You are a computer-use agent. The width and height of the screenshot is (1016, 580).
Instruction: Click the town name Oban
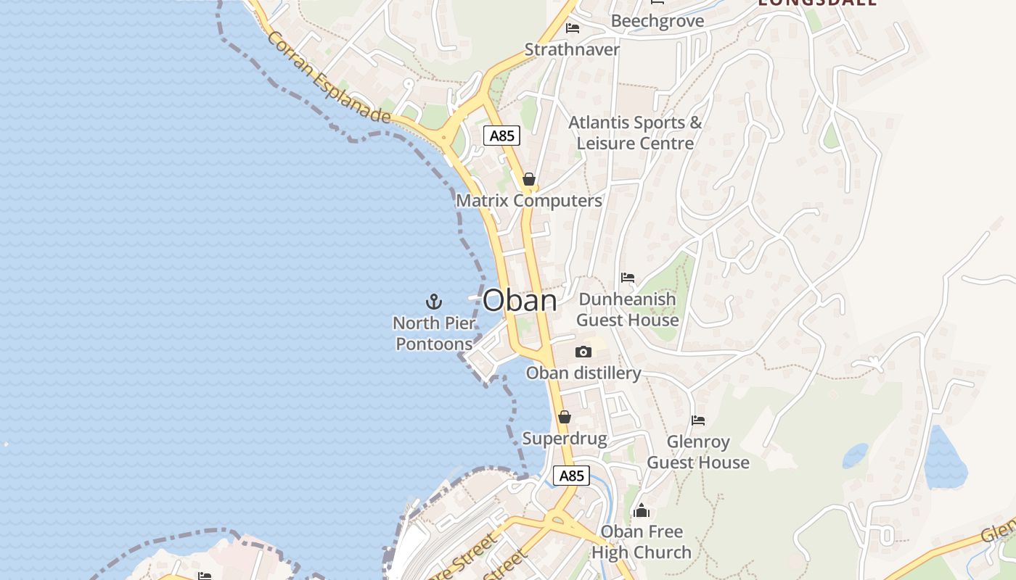[520, 301]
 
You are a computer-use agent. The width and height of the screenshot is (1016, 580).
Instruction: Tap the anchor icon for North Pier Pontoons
[433, 301]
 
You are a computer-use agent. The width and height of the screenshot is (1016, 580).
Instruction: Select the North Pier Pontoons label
[434, 333]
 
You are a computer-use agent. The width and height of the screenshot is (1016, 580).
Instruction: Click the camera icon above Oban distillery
[583, 352]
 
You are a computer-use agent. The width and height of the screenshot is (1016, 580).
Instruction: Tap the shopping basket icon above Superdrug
[564, 417]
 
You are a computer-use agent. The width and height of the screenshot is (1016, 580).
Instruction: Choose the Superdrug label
[564, 439]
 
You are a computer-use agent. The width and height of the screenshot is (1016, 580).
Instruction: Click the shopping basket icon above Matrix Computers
[528, 179]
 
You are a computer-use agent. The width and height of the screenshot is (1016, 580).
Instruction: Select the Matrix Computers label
[528, 201]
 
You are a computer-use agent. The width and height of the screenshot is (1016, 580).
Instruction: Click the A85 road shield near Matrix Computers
[501, 136]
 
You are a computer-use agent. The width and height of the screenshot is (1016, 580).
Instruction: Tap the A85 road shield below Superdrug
[571, 476]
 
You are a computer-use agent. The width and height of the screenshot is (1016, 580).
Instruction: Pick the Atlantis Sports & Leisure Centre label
[635, 133]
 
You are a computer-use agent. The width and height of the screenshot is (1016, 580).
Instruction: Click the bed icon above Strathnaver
[573, 29]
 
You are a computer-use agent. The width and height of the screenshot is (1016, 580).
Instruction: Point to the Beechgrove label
[657, 21]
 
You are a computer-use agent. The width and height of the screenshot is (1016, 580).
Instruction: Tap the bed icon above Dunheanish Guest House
[628, 278]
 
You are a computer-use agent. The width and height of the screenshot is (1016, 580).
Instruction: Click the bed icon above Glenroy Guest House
[698, 420]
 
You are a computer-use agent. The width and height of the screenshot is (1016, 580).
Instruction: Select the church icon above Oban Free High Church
[641, 511]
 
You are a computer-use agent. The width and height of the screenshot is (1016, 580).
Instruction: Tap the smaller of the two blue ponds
[855, 456]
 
